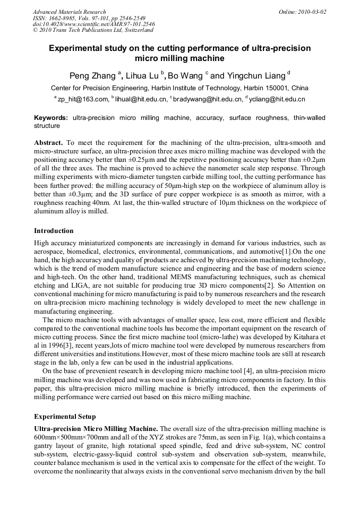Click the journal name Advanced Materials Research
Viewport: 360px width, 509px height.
coord(69,12)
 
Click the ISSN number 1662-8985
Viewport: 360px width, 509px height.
coord(63,18)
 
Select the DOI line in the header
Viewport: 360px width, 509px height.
coord(93,24)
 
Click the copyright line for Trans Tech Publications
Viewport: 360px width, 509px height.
coord(93,30)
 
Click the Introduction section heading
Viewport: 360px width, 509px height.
coord(54,231)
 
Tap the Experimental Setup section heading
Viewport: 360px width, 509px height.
coord(65,417)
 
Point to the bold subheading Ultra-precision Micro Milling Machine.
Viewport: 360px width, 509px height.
coord(96,428)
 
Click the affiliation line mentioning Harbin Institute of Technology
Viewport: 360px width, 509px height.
coord(179,88)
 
